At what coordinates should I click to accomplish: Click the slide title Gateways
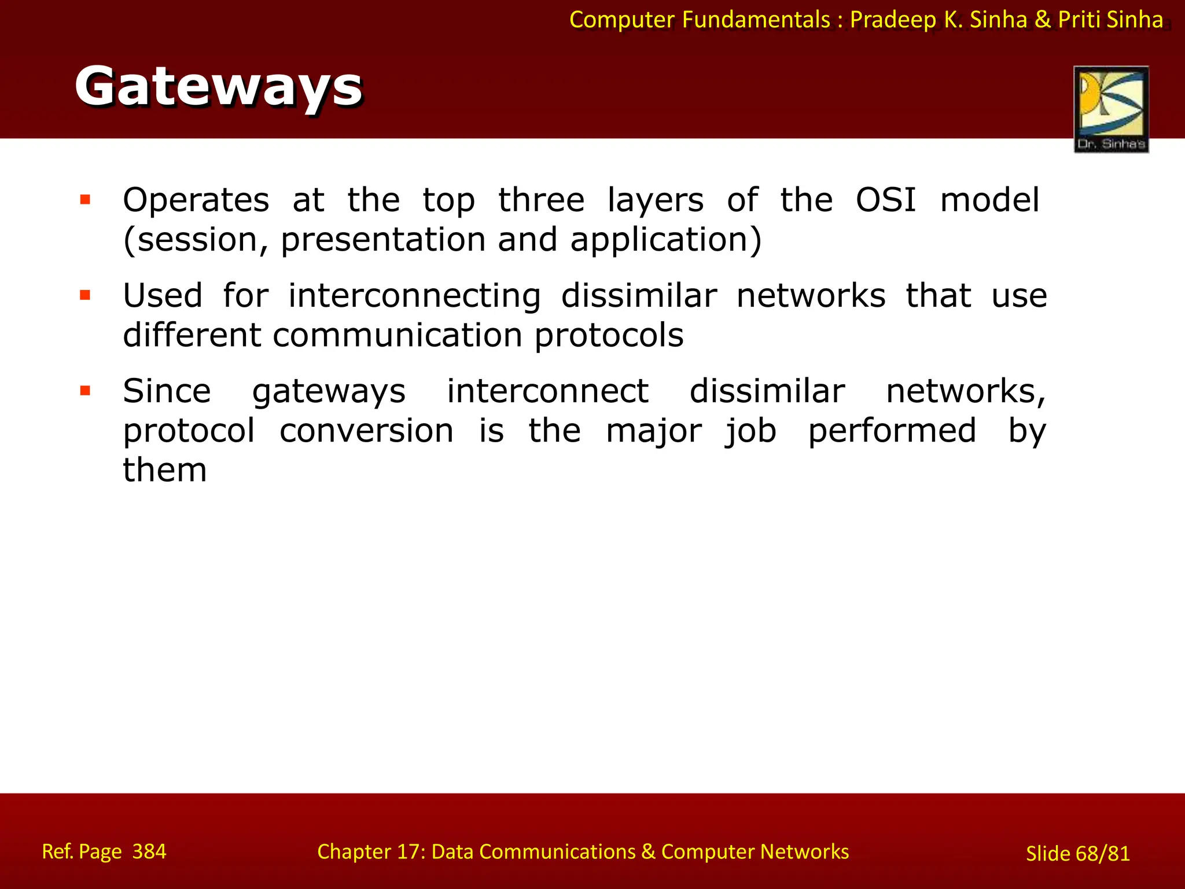tap(218, 87)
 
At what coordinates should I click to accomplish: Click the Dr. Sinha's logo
tap(1111, 109)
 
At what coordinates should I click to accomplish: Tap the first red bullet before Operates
tap(86, 200)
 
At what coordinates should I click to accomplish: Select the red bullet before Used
tap(86, 296)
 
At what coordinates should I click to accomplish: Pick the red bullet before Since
tap(86, 391)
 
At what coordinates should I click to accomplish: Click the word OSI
tap(886, 200)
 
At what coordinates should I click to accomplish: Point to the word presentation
tap(383, 240)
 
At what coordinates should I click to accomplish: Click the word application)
tap(666, 240)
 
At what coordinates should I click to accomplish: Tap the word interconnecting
tap(414, 296)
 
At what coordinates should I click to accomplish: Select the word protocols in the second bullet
tap(609, 335)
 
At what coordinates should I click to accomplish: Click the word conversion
tap(366, 431)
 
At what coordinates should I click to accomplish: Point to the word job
tap(750, 432)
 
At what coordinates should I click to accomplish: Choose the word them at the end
tap(165, 470)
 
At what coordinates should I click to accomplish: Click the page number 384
tap(149, 851)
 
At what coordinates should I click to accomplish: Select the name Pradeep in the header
tap(893, 20)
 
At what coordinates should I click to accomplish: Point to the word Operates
tap(196, 200)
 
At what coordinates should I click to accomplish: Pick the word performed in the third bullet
tap(892, 431)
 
